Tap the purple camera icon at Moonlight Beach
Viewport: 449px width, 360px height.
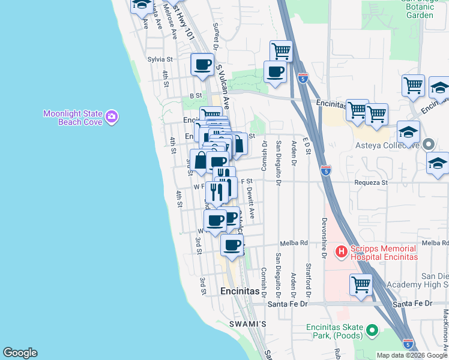click(112, 117)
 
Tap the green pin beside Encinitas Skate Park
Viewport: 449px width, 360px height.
click(372, 329)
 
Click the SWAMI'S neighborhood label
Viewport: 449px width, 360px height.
click(247, 324)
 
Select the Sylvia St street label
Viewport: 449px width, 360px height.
click(160, 59)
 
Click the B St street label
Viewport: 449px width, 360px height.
click(196, 95)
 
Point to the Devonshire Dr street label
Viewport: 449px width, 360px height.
click(324, 238)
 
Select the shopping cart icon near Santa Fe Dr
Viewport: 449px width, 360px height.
click(361, 284)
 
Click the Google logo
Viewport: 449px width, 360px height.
click(20, 353)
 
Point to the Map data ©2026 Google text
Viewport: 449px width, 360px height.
click(412, 355)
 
